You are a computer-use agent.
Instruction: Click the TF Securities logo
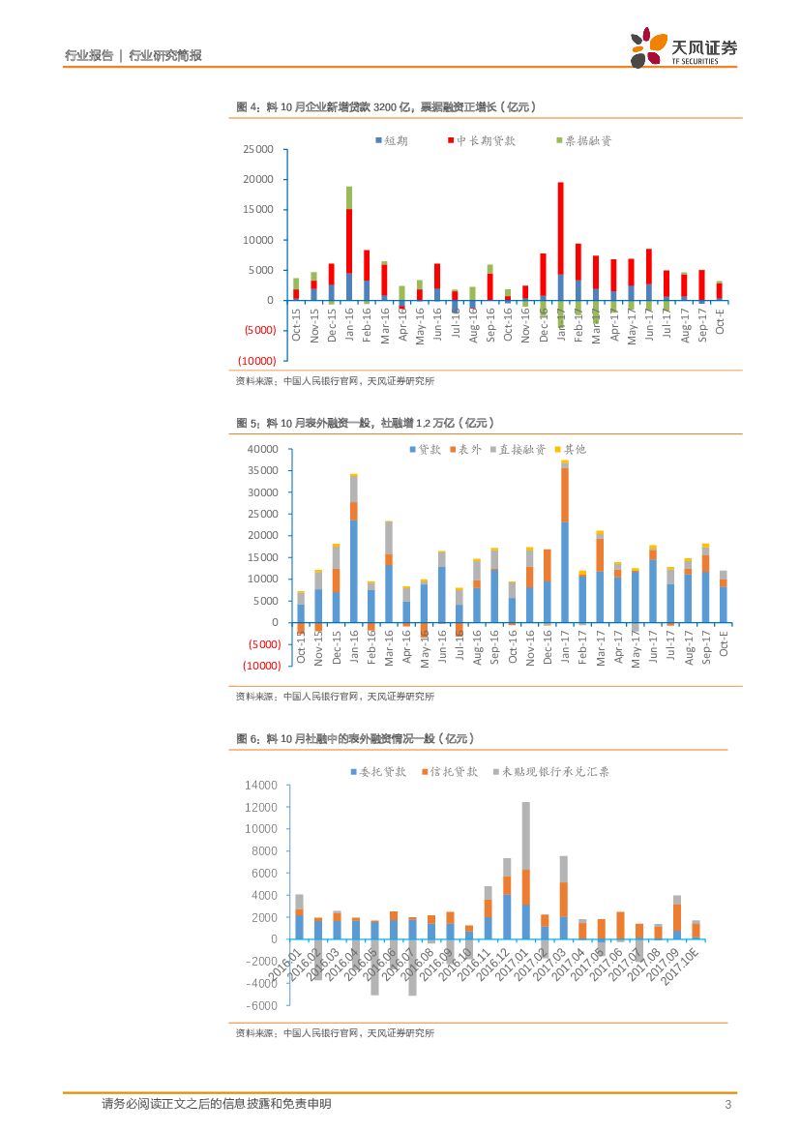click(683, 47)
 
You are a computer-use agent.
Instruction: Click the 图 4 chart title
click(386, 106)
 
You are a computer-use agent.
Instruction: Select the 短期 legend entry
click(390, 141)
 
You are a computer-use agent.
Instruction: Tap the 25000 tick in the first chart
click(258, 150)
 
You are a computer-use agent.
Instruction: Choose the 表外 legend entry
click(464, 449)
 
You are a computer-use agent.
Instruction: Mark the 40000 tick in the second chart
click(264, 449)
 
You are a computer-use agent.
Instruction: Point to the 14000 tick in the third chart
click(263, 786)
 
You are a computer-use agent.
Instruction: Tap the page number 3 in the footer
click(726, 1105)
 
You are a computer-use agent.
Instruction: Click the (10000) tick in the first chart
click(256, 361)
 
